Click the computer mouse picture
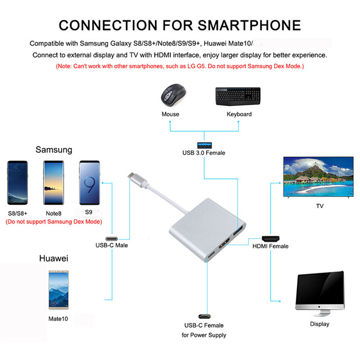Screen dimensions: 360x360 (174, 95)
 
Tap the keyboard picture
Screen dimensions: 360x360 (238, 96)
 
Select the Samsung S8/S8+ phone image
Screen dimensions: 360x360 (18, 183)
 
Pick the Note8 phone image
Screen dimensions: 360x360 (54, 183)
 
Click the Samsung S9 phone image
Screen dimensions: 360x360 (90, 183)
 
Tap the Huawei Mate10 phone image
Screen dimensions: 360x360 (58, 290)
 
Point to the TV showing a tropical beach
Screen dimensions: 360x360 (319, 177)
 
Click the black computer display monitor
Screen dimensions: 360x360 (320, 294)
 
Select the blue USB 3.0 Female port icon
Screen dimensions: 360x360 (204, 145)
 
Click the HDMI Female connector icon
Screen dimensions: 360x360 (271, 239)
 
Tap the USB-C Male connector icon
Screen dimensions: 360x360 (112, 239)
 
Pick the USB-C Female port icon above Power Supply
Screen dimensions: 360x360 (204, 316)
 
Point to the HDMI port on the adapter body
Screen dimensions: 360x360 (225, 243)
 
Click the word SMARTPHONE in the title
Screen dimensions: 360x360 (249, 25)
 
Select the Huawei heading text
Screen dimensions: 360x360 (54, 258)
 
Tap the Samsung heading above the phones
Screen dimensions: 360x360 (54, 150)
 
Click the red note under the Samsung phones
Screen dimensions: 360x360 (54, 222)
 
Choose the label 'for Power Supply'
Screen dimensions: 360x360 (204, 335)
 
